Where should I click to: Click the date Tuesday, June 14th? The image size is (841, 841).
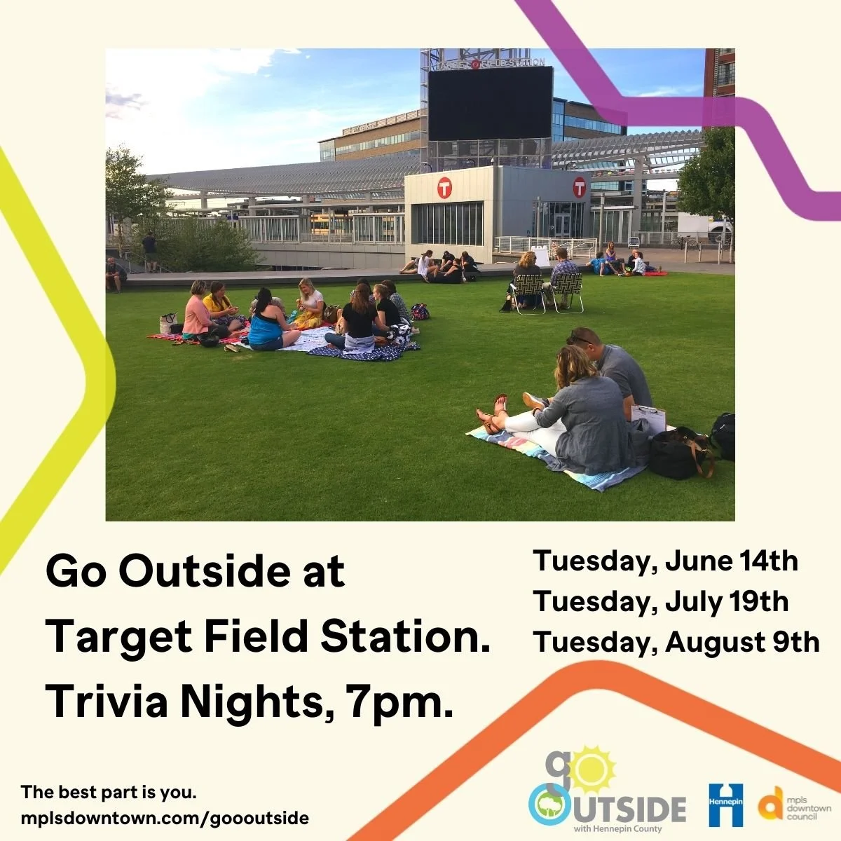coord(665,561)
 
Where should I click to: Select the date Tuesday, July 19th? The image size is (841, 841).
coord(660,602)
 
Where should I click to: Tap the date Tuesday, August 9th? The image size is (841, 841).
coord(676,643)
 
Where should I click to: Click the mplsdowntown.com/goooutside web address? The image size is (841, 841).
coord(165,818)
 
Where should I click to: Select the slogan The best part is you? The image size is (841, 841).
coord(109,793)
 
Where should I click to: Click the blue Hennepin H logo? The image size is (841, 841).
coord(725,805)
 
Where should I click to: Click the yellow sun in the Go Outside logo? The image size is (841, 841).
coord(593,770)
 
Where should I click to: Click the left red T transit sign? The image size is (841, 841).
coord(444,188)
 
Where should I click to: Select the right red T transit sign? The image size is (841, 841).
coord(579,186)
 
